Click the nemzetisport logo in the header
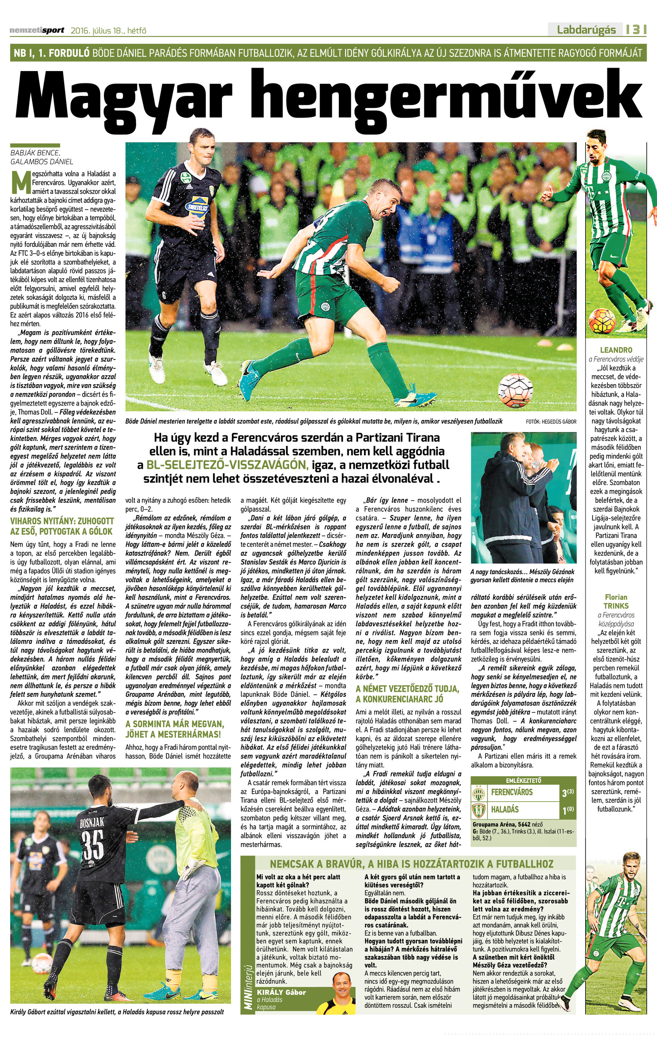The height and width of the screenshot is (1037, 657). pyautogui.click(x=37, y=30)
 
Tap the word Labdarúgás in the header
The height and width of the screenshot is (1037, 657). pyautogui.click(x=586, y=30)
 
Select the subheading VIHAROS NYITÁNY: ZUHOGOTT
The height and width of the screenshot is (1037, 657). pyautogui.click(x=62, y=521)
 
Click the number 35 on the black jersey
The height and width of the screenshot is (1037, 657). pyautogui.click(x=92, y=845)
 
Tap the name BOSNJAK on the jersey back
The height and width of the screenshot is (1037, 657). pyautogui.click(x=92, y=823)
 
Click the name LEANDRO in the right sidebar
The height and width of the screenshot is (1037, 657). pyautogui.click(x=616, y=350)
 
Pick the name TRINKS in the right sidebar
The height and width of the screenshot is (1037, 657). pyautogui.click(x=616, y=606)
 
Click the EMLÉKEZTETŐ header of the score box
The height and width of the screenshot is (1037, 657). pyautogui.click(x=524, y=780)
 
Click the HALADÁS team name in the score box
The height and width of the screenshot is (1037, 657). pyautogui.click(x=505, y=809)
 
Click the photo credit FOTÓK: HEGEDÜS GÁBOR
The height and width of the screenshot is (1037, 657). pyautogui.click(x=550, y=422)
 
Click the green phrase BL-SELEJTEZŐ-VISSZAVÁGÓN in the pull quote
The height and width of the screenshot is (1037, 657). pyautogui.click(x=227, y=465)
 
